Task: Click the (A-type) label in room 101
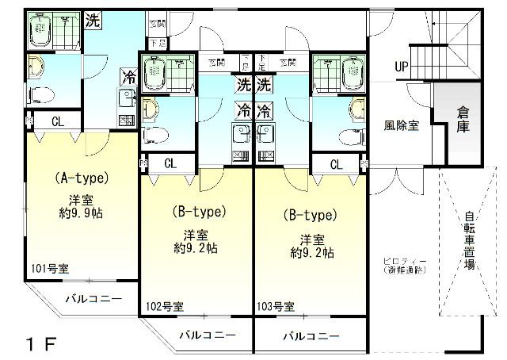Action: pos(81,178)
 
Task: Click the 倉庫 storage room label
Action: pos(463,119)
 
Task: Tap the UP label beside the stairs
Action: pos(402,67)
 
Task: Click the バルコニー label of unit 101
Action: pos(93,299)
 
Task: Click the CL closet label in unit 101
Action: pos(58,121)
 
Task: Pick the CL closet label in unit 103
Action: pos(337,164)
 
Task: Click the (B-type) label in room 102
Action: pos(200,212)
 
